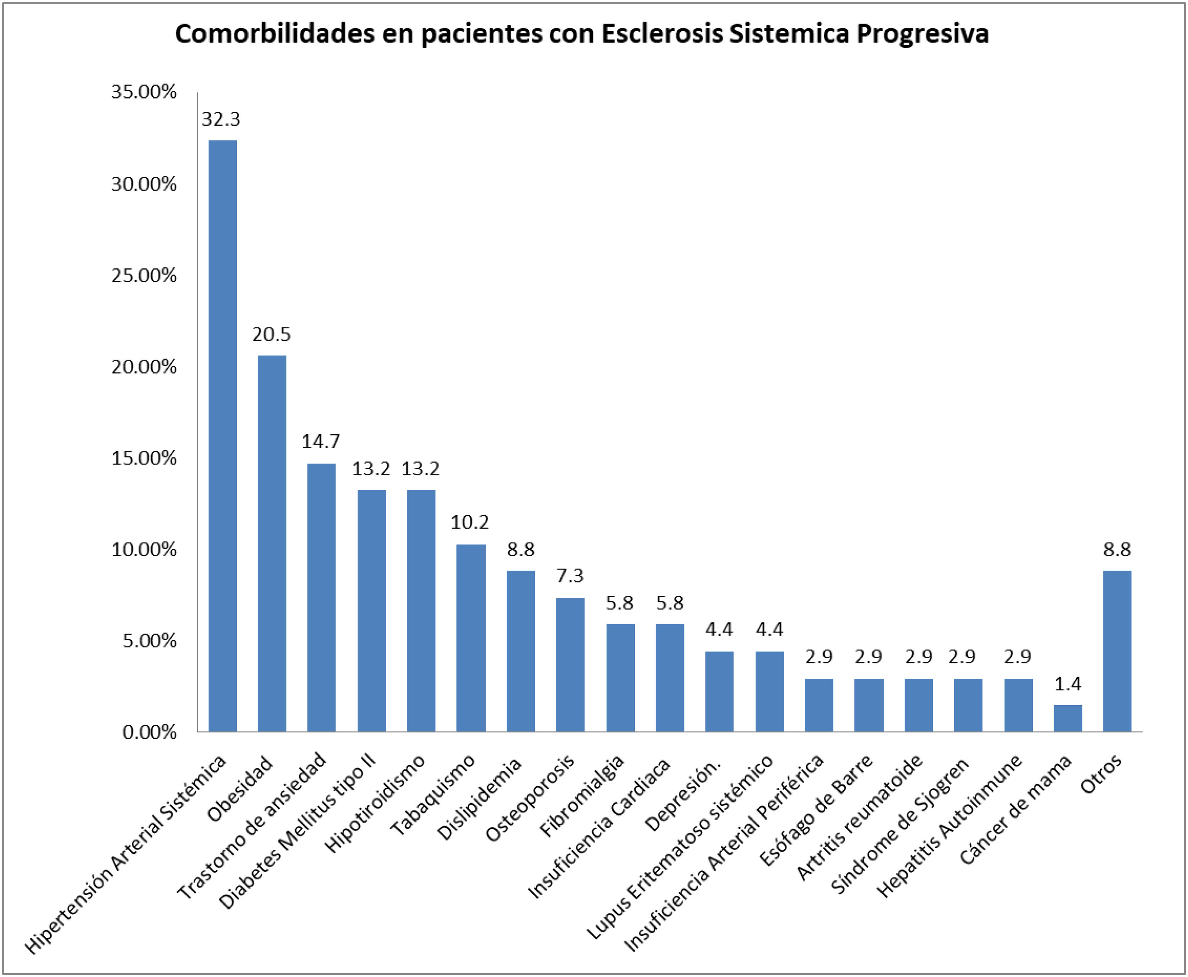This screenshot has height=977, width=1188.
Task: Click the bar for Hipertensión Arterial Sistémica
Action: pyautogui.click(x=222, y=436)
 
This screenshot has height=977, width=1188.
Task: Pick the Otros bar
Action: pyautogui.click(x=1117, y=651)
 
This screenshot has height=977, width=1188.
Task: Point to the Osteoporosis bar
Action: pyautogui.click(x=570, y=665)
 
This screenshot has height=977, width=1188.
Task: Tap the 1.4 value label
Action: pyautogui.click(x=1068, y=684)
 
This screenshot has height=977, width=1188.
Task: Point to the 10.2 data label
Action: pyautogui.click(x=469, y=522)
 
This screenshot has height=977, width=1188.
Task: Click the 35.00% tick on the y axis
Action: pyautogui.click(x=144, y=92)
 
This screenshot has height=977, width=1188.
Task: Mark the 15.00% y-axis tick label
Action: pyautogui.click(x=144, y=458)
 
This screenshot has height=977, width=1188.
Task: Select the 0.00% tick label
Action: pyautogui.click(x=150, y=732)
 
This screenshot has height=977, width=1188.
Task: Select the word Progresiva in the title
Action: pyautogui.click(x=922, y=35)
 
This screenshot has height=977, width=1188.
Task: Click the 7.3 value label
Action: pyautogui.click(x=570, y=576)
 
